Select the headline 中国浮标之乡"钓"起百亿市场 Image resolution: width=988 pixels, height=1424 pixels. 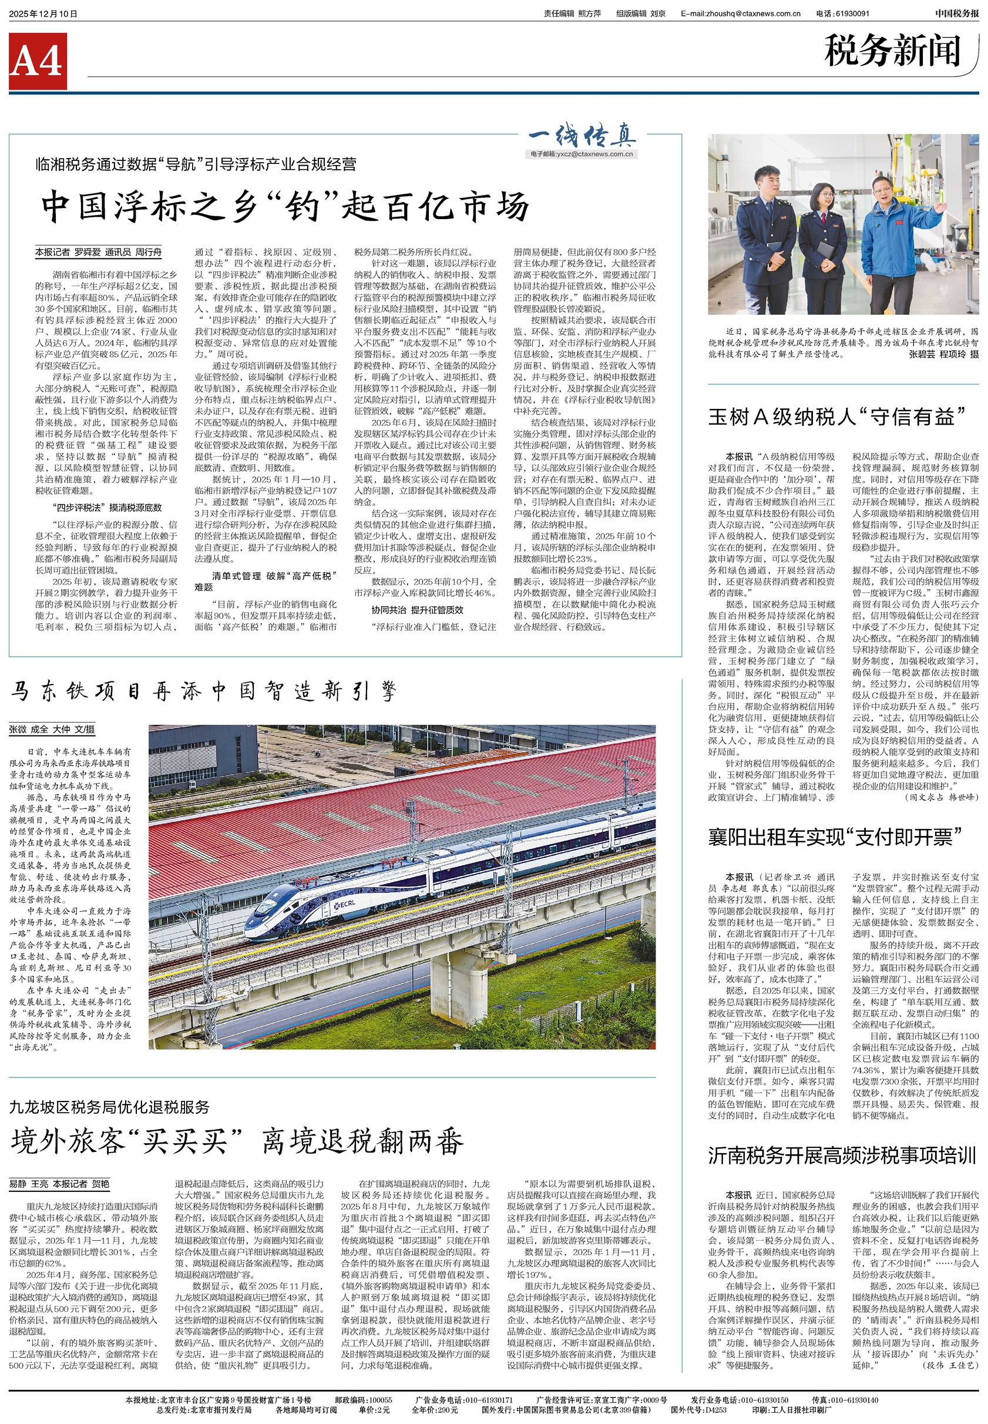click(285, 206)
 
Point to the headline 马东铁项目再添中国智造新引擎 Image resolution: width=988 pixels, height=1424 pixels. click(203, 691)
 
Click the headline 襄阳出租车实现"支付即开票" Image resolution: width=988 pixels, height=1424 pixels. click(835, 838)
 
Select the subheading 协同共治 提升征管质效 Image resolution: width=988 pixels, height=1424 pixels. click(417, 610)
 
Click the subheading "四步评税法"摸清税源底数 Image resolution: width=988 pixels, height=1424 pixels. click(107, 508)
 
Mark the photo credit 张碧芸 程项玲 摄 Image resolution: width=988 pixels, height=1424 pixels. click(944, 355)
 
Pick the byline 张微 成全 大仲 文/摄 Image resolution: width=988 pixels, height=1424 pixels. click(52, 730)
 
